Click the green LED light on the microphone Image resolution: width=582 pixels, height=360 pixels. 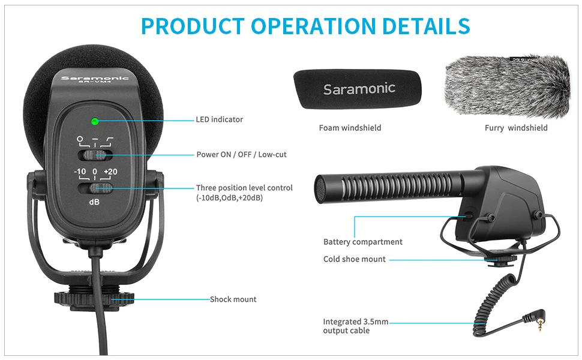95,121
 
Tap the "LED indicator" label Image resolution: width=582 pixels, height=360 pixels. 220,119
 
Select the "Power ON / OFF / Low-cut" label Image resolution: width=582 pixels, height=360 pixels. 241,154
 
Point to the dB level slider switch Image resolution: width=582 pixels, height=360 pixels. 95,189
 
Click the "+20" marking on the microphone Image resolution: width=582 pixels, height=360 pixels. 110,172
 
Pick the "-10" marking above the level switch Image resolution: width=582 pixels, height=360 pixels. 80,172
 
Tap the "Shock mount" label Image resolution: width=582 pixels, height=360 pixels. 233,299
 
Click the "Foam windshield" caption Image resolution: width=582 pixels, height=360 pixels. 350,128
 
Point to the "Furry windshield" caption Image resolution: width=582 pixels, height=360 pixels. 516,128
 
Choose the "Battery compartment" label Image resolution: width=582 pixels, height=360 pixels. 362,242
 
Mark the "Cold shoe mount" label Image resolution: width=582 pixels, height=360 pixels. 355,259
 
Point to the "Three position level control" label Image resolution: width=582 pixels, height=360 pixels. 244,188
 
